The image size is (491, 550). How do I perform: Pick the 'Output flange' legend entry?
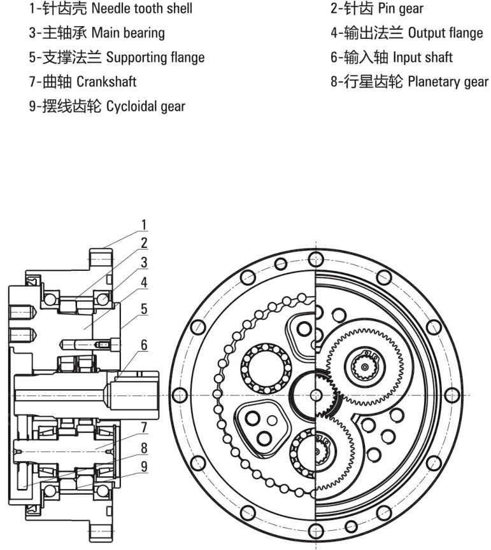pos(407,33)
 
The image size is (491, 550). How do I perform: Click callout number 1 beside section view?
pos(144,224)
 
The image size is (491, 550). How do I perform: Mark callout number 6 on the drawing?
pos(144,344)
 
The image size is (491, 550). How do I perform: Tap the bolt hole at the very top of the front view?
pos(316,259)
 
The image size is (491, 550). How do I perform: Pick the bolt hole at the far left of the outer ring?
pos(180,394)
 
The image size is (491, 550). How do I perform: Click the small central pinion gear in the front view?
pos(316,395)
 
